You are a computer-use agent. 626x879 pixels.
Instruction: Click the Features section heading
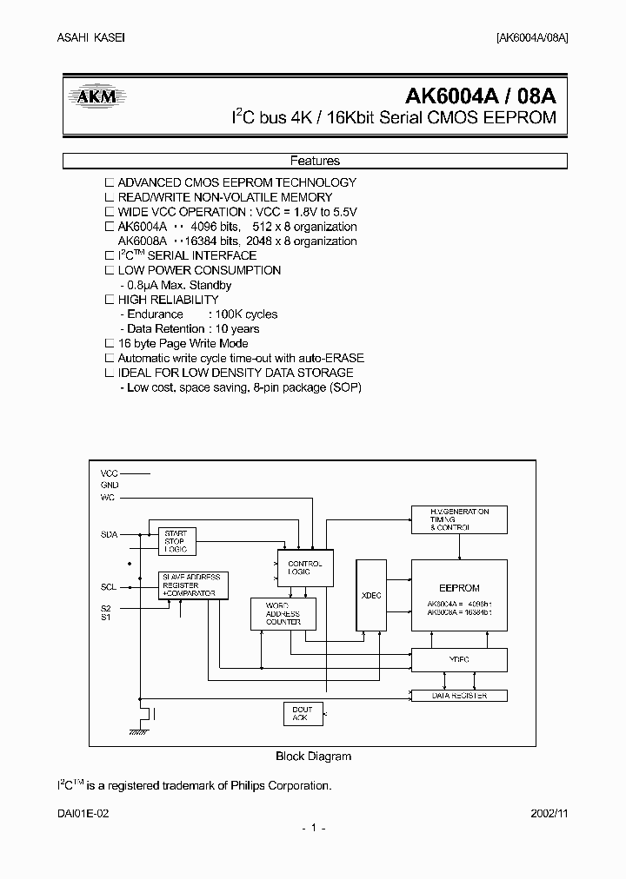pos(314,161)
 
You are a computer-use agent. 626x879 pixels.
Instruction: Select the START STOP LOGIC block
pos(174,541)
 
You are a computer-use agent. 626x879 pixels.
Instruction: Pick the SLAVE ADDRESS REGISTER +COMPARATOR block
pos(191,585)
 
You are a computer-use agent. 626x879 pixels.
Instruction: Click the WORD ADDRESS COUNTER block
pos(283,614)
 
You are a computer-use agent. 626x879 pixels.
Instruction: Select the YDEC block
pos(458,660)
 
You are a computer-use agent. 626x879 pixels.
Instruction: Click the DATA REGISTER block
pos(458,696)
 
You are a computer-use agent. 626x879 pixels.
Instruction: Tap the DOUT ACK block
pos(301,714)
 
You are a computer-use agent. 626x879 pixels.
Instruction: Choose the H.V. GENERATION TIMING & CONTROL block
pos(458,519)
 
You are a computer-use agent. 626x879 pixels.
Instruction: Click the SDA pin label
pos(109,534)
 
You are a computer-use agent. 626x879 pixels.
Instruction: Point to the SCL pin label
pos(109,587)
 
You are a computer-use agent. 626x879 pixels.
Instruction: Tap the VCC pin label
pos(109,473)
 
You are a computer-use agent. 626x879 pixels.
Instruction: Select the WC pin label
pos(108,498)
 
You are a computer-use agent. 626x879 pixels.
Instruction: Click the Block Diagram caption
pos(313,756)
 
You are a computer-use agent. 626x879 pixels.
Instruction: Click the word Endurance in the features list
pos(155,314)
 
